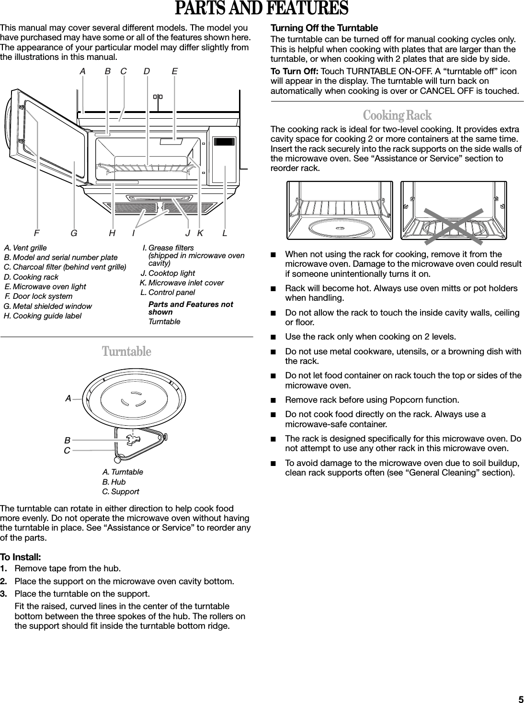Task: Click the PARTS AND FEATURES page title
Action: point(262,9)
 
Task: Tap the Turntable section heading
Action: point(126,351)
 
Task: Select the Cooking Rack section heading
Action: point(397,115)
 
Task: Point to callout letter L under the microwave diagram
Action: point(225,233)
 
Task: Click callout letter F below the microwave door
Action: point(36,233)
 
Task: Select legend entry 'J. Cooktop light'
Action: point(168,273)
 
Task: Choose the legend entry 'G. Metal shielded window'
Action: point(47,306)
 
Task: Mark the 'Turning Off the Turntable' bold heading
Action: point(324,28)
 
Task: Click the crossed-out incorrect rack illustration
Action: point(453,210)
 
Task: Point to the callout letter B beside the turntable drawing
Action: point(68,440)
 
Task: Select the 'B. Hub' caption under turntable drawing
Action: point(114,482)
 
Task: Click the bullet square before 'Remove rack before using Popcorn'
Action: point(273,400)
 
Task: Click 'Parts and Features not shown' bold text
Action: point(191,308)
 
